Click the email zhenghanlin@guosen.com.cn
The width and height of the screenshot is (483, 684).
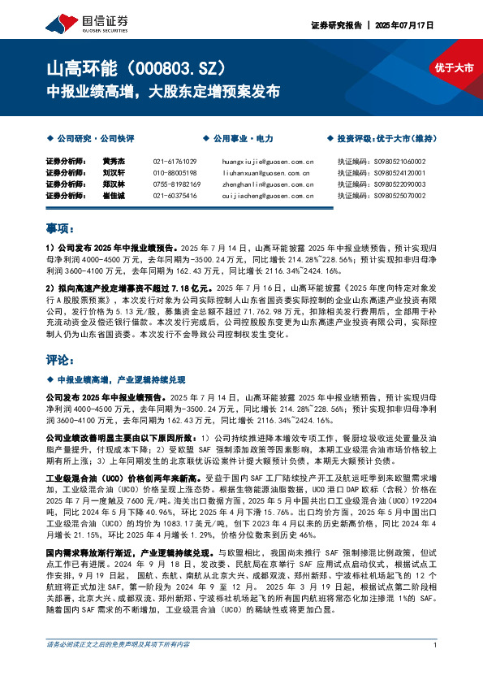click(x=267, y=184)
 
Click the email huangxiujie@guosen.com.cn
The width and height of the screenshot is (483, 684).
click(x=267, y=162)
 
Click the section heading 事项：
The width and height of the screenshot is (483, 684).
click(x=60, y=228)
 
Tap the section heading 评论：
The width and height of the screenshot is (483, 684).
click(x=60, y=358)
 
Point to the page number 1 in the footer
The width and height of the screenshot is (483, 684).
click(x=436, y=667)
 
